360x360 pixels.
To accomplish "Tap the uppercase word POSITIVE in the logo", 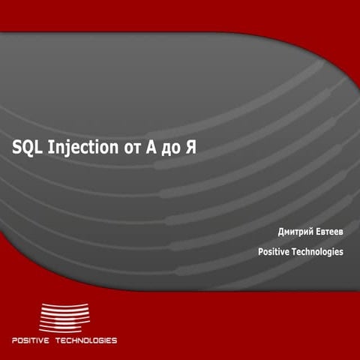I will (x=31, y=340).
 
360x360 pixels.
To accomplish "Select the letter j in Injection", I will (x=67, y=149).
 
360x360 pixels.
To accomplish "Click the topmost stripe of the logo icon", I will (x=64, y=304).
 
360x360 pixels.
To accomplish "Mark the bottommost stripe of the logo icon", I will (x=64, y=331).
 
